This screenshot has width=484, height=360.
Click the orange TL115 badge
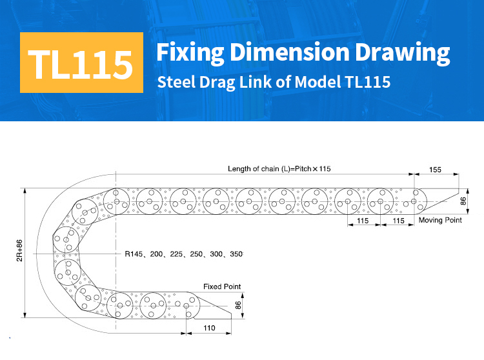coord(81,63)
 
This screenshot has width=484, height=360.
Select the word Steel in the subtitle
coord(177,82)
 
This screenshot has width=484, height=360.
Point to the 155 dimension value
coord(435,170)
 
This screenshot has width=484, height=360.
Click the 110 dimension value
coord(209,328)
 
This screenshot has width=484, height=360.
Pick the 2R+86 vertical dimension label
coord(19,250)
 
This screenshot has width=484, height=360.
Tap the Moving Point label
coord(440,220)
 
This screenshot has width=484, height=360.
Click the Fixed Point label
coord(222,286)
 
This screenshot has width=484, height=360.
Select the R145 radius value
coord(134,254)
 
